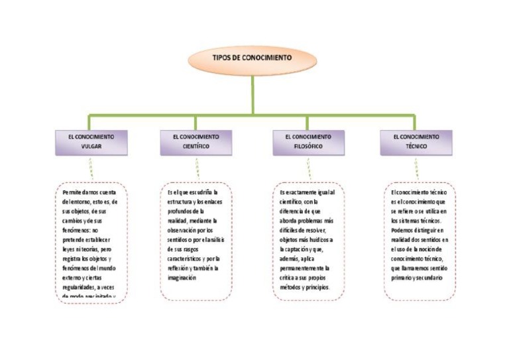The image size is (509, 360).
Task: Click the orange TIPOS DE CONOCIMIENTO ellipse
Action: pyautogui.click(x=251, y=58)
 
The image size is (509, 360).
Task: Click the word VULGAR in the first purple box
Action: pyautogui.click(x=91, y=147)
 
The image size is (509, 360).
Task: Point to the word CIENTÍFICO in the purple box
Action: pyautogui.click(x=196, y=147)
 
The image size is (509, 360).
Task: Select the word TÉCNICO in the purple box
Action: pyautogui.click(x=416, y=147)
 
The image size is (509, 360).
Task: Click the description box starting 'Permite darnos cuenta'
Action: pyautogui.click(x=91, y=243)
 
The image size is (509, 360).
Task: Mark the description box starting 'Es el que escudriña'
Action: pyautogui.click(x=196, y=241)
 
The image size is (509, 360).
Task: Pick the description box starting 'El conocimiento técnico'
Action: pyautogui.click(x=418, y=241)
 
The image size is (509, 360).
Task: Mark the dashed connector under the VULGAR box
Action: pyautogui.click(x=91, y=168)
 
